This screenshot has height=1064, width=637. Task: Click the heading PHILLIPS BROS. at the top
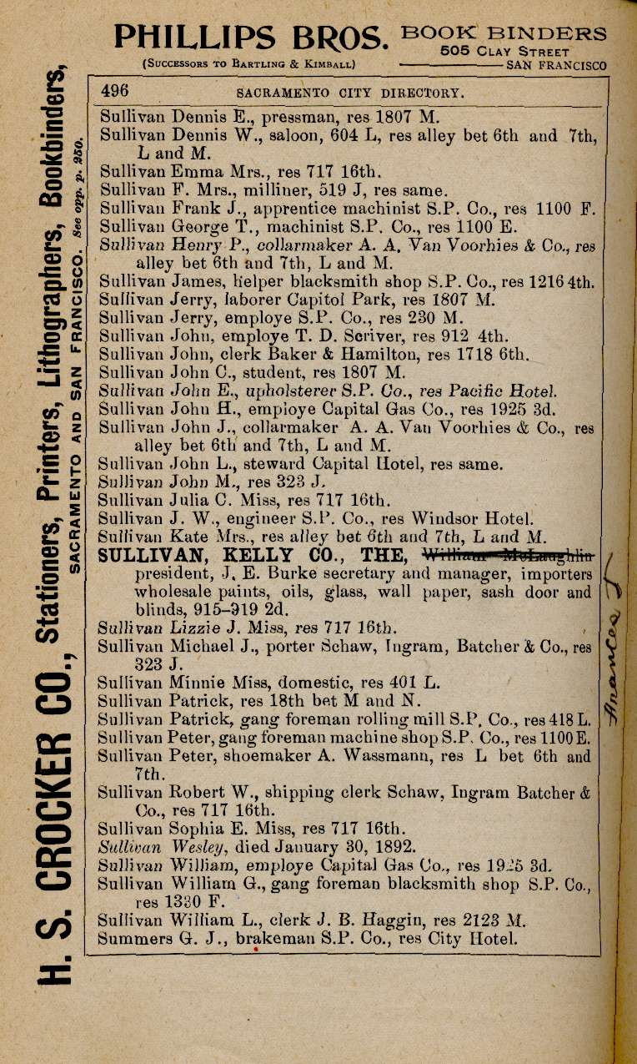pyautogui.click(x=251, y=37)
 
